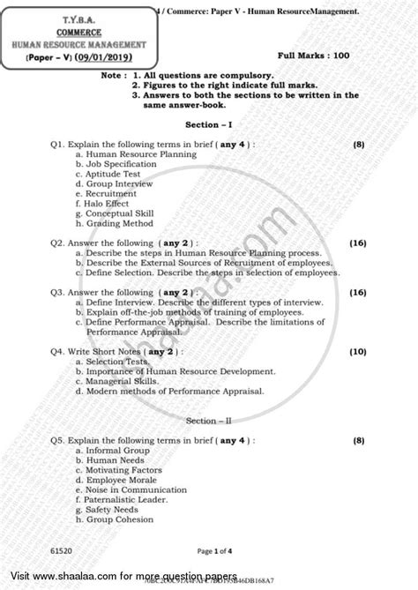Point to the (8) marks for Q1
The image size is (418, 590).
coord(359,143)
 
